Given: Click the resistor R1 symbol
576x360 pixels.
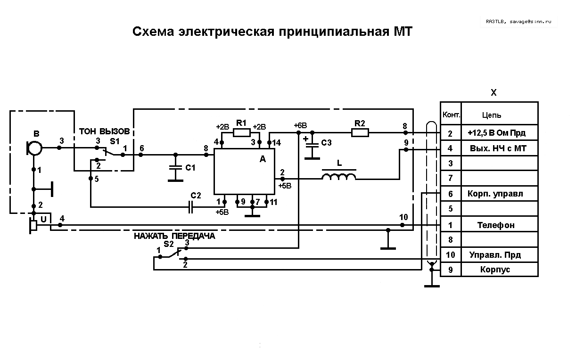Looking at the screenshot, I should (x=242, y=132).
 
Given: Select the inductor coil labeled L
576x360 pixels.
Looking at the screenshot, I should (x=338, y=177).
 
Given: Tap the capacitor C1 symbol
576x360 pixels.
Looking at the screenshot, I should (x=176, y=167).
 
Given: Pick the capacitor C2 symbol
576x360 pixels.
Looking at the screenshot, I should (x=191, y=207).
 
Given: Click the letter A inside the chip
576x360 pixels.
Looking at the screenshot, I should (x=263, y=159).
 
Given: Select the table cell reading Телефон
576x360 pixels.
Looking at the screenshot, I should (x=496, y=225).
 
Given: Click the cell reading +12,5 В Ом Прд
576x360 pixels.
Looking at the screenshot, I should (x=496, y=133).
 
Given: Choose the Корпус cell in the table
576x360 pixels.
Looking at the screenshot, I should (x=495, y=270).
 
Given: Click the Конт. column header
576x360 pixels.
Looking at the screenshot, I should (x=451, y=115).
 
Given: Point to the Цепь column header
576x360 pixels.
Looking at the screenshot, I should (x=492, y=115).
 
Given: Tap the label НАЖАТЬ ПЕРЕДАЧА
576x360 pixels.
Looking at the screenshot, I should (x=174, y=236).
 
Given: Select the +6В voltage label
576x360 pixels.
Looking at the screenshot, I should (x=300, y=125).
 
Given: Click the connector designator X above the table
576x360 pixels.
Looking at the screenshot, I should (x=494, y=93).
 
